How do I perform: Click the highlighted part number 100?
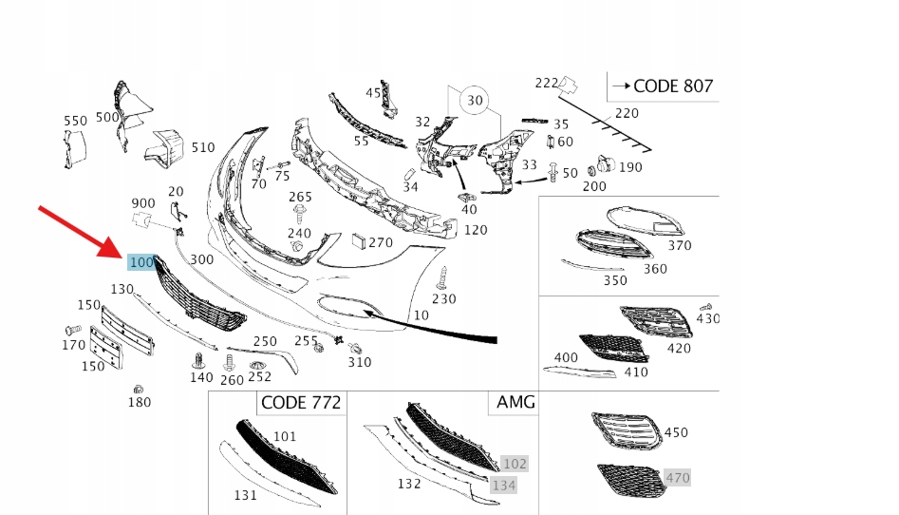[x=140, y=262]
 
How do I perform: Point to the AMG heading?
[x=515, y=402]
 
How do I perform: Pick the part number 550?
[x=75, y=122]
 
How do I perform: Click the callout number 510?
[x=202, y=148]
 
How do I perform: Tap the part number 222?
[x=546, y=84]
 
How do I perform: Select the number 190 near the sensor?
[x=629, y=167]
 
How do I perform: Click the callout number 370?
[x=680, y=245]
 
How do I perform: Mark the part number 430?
[x=708, y=318]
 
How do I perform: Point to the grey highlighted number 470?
[x=677, y=478]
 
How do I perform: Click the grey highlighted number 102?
[x=515, y=464]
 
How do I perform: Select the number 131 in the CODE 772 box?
[x=245, y=494]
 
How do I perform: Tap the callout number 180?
[x=139, y=403]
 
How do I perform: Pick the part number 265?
[x=300, y=198]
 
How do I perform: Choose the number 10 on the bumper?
[x=421, y=315]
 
